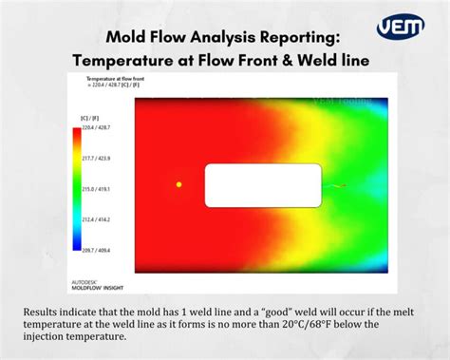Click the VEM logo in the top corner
pyautogui.click(x=400, y=27)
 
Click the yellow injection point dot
pyautogui.click(x=178, y=184)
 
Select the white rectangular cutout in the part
pyautogui.click(x=263, y=185)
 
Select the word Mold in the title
pyautogui.click(x=127, y=38)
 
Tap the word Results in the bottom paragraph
pyautogui.click(x=42, y=312)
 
